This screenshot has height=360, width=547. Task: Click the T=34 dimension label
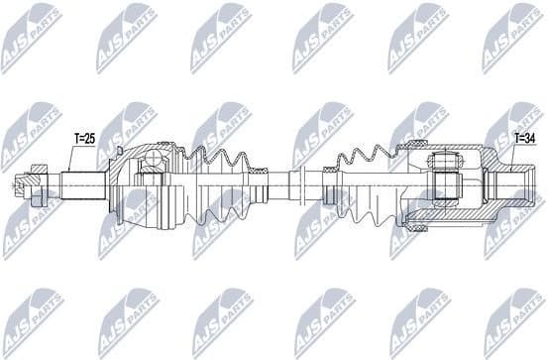pos(524,138)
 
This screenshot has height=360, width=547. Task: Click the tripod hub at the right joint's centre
pos(444,183)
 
